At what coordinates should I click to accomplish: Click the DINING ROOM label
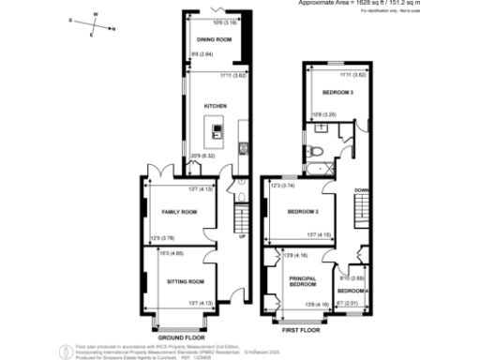[x=213, y=40]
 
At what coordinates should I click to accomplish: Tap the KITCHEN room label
[x=215, y=106]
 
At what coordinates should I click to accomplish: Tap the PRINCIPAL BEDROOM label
[x=303, y=279]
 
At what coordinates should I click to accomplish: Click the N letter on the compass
[x=114, y=29]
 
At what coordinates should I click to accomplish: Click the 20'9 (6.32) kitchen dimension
[x=203, y=156]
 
